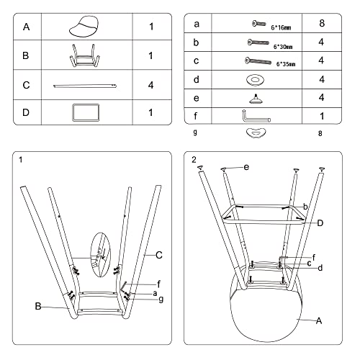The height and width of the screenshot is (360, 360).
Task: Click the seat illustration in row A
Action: (84, 27)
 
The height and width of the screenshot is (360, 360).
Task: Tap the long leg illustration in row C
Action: (85, 86)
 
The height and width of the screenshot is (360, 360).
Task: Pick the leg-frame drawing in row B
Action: (85, 55)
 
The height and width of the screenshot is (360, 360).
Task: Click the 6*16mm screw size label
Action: (281, 27)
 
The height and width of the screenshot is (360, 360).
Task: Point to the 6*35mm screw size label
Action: (286, 64)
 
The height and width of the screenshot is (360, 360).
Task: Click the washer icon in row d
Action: (255, 80)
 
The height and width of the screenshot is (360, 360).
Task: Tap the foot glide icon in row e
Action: (256, 99)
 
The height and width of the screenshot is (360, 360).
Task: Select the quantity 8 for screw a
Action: (322, 23)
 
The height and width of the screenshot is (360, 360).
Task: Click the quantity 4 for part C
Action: (150, 85)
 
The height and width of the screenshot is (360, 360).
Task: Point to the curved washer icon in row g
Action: (256, 132)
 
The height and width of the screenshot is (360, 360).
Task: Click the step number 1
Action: (21, 160)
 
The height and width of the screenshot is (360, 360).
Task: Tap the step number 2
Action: (194, 160)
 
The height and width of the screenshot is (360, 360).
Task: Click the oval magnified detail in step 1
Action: (101, 255)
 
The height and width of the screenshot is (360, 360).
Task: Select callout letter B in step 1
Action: (38, 306)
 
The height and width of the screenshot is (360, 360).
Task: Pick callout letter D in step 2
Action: (320, 223)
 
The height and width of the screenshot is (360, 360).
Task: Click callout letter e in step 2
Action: (246, 167)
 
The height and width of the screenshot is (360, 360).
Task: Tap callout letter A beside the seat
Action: (319, 320)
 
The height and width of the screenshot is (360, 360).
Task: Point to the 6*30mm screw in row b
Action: (258, 42)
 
